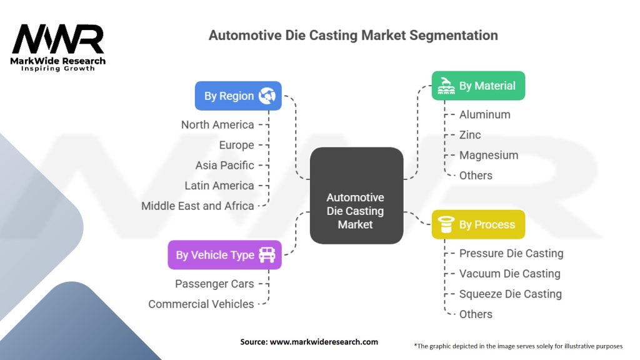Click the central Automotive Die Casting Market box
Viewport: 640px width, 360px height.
[356, 195]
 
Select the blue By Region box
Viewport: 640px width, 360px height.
[238, 96]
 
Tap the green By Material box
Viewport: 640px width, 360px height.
[478, 86]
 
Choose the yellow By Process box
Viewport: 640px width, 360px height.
[478, 224]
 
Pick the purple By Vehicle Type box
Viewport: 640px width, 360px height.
[224, 254]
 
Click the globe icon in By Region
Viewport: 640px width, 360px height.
[267, 96]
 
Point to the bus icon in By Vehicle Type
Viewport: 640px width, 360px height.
[267, 254]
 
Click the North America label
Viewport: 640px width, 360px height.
[217, 124]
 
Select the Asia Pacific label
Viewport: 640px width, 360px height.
[224, 165]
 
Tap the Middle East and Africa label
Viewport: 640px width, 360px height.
[197, 206]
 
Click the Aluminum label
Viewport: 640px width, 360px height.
[485, 114]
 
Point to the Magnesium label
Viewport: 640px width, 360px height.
[489, 155]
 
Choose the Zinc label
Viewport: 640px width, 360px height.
[470, 134]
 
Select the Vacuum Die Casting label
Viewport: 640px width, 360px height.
[510, 273]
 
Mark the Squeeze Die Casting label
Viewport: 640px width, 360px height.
[511, 294]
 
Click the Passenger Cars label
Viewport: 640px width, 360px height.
[214, 284]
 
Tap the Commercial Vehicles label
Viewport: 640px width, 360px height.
[201, 304]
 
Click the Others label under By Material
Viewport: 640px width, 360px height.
[476, 175]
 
